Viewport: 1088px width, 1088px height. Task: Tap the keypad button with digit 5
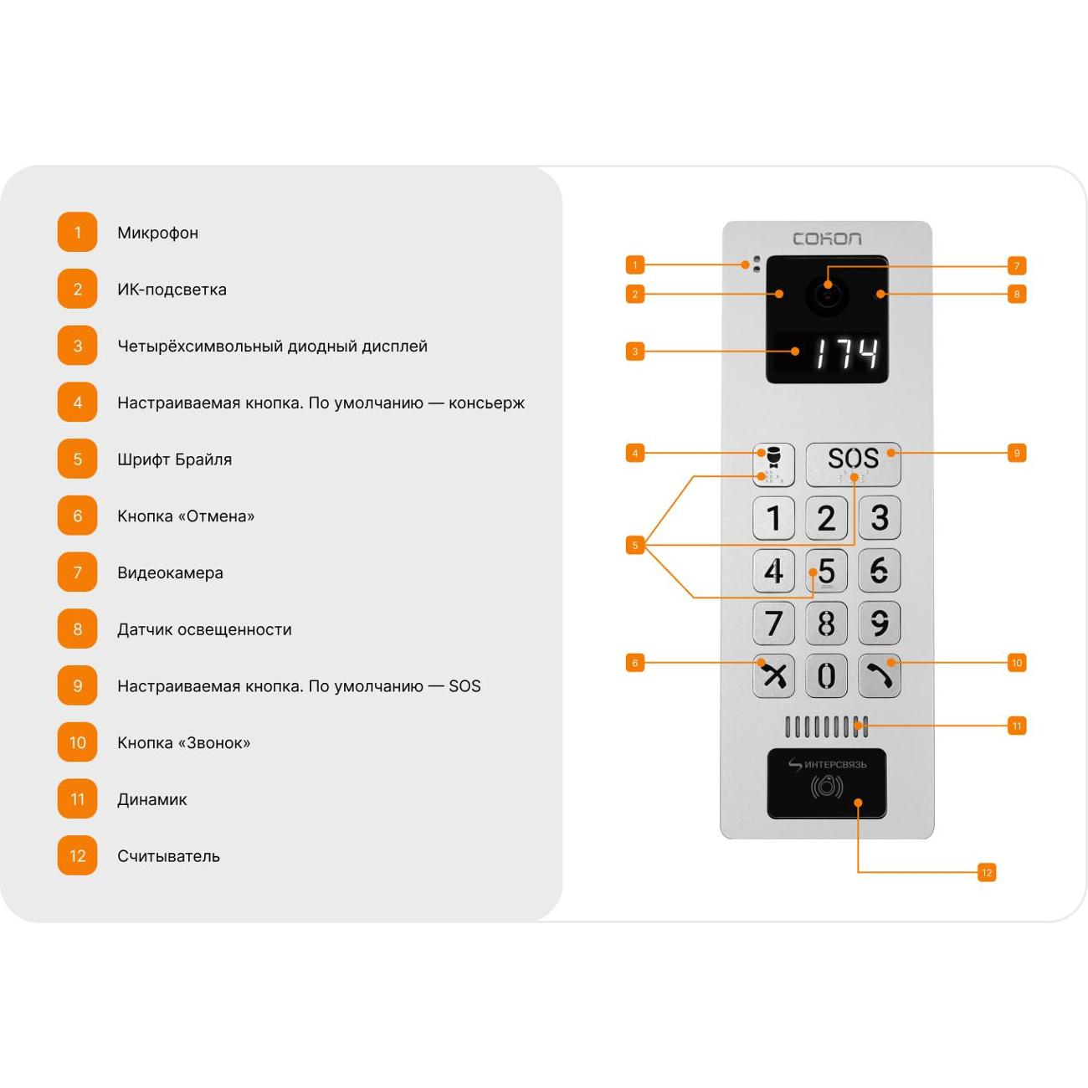826,570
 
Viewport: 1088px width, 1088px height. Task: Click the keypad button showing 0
826,675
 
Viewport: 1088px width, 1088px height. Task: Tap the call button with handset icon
879,675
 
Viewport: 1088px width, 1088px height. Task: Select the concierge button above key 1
773,464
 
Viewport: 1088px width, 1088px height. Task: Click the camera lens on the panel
828,295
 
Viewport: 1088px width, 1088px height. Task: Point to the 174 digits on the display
846,353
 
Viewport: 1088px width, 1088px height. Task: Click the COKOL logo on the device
827,239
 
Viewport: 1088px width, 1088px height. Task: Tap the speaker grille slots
826,727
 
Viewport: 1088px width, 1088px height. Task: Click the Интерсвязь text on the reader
835,765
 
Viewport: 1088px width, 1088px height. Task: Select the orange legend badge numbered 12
77,856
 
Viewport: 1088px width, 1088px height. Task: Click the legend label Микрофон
158,234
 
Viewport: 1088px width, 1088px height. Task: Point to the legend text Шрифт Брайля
174,459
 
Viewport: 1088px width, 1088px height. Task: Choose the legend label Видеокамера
170,573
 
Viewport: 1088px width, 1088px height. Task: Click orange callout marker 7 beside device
1017,265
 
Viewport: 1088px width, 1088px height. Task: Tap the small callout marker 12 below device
987,872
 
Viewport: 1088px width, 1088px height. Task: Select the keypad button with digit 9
879,623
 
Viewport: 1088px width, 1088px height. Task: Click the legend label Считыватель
168,856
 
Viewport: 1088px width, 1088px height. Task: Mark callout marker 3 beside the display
635,352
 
